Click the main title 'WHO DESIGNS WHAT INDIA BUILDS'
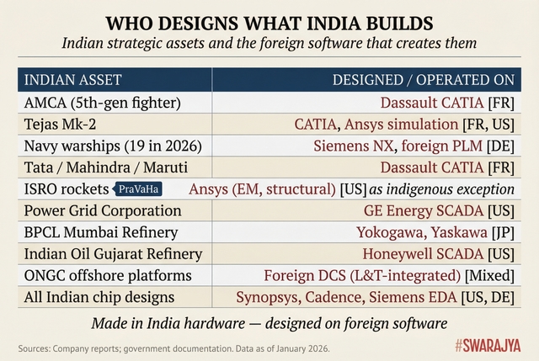(269, 20)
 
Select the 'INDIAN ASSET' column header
(72, 80)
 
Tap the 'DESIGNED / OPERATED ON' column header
(423, 80)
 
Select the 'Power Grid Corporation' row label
(102, 210)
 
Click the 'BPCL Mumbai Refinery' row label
(97, 232)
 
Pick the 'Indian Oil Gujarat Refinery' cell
(113, 253)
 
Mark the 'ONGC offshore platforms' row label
(106, 275)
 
